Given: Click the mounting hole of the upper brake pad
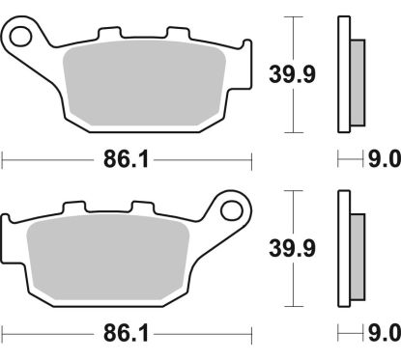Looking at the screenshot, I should click(23, 38).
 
